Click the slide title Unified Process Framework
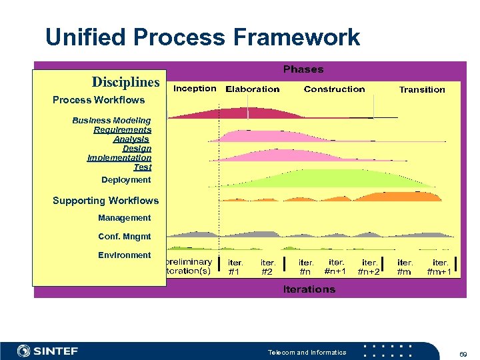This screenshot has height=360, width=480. [203, 37]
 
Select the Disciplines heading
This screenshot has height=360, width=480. [126, 82]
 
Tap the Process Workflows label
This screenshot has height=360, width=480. [99, 100]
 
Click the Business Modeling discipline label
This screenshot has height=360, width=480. [112, 121]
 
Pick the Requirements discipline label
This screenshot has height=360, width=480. [123, 130]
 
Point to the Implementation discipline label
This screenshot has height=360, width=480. [119, 158]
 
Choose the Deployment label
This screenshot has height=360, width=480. [126, 180]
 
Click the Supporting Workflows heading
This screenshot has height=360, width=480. [105, 201]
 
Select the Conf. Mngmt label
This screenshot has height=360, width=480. [125, 237]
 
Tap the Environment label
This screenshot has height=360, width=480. [125, 255]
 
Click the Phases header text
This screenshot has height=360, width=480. [303, 69]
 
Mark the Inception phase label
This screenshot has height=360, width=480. [195, 89]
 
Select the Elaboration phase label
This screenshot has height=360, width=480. [253, 89]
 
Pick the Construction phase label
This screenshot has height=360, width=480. [334, 89]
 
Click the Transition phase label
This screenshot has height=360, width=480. [422, 90]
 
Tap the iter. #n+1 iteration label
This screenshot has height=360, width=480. [335, 267]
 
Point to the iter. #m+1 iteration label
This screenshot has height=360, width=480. [440, 267]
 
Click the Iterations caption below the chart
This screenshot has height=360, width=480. [309, 289]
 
